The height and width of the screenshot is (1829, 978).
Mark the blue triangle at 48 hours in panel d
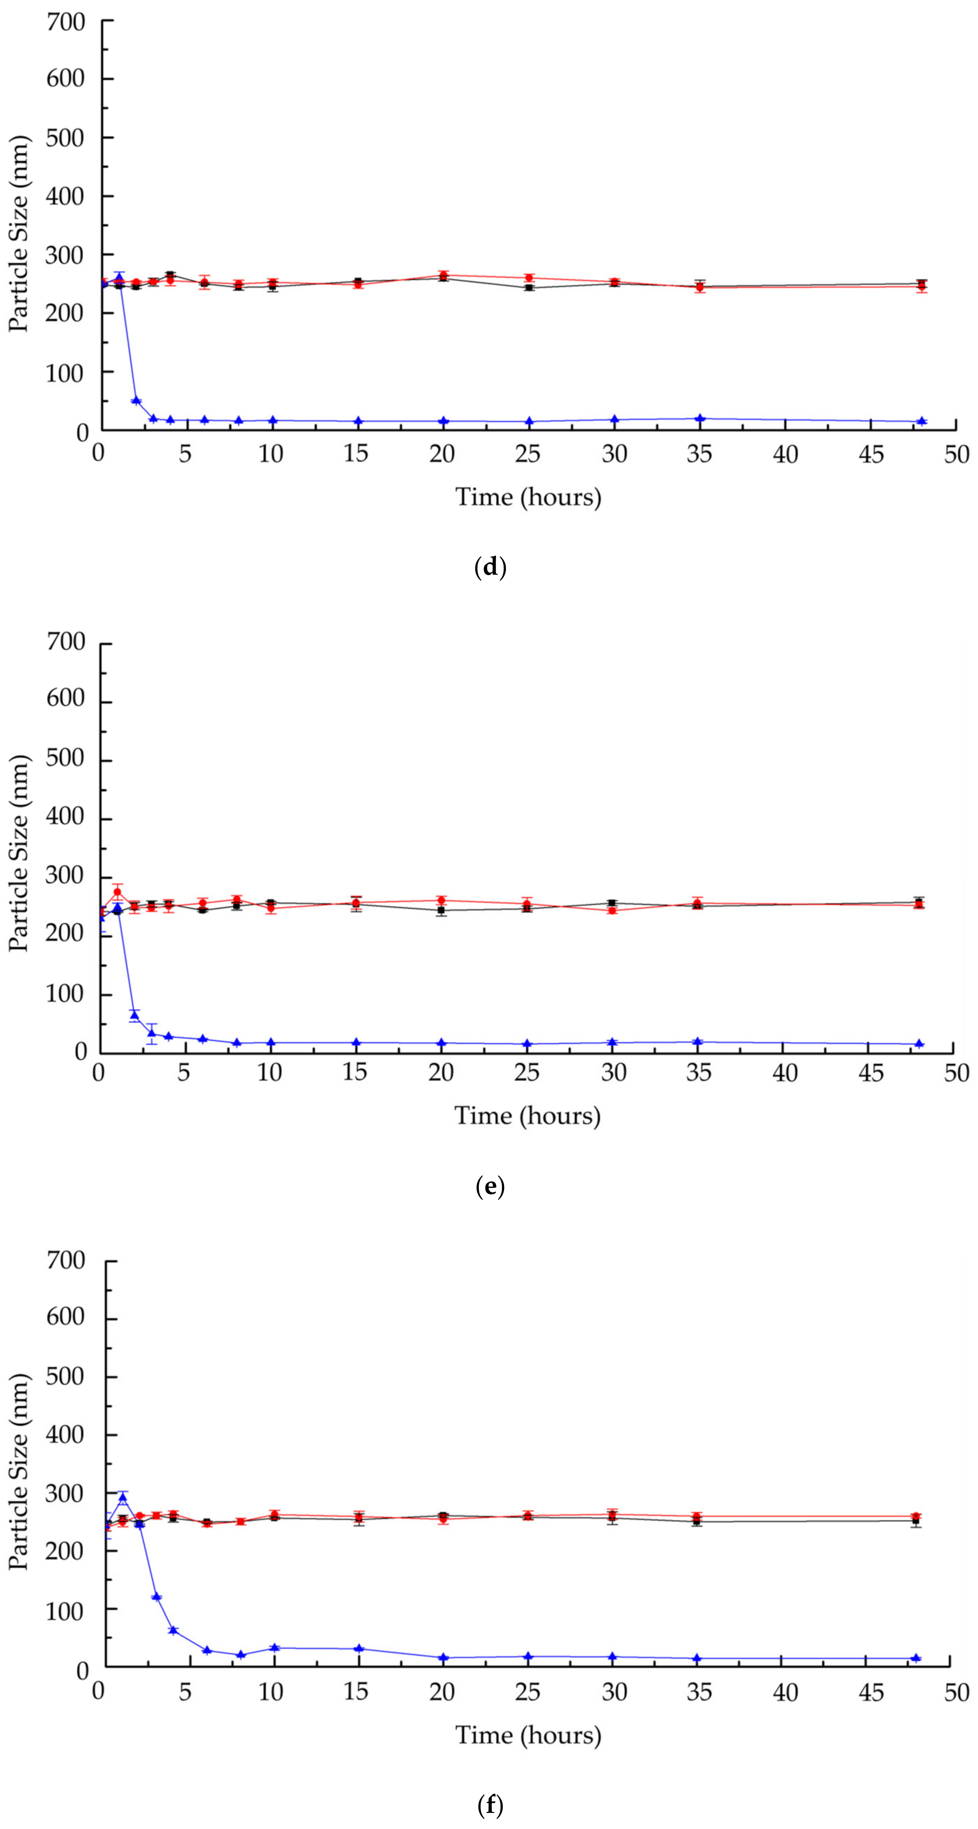[921, 421]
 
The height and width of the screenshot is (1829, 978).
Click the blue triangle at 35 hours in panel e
[698, 1042]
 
